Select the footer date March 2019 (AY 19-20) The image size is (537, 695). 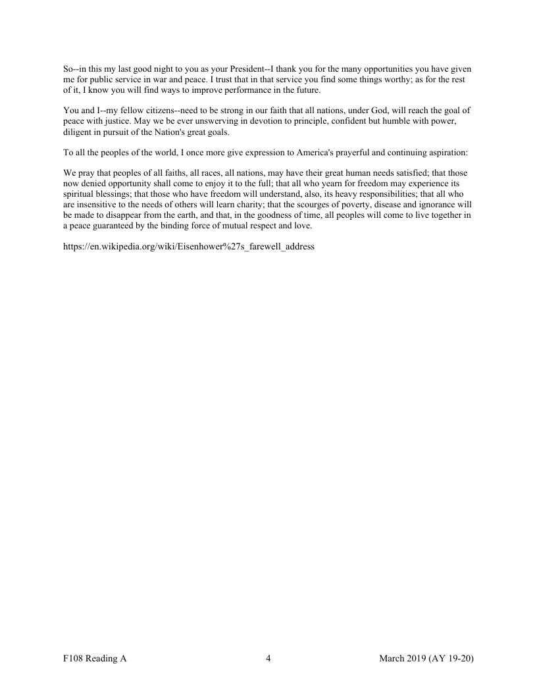point(426,659)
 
